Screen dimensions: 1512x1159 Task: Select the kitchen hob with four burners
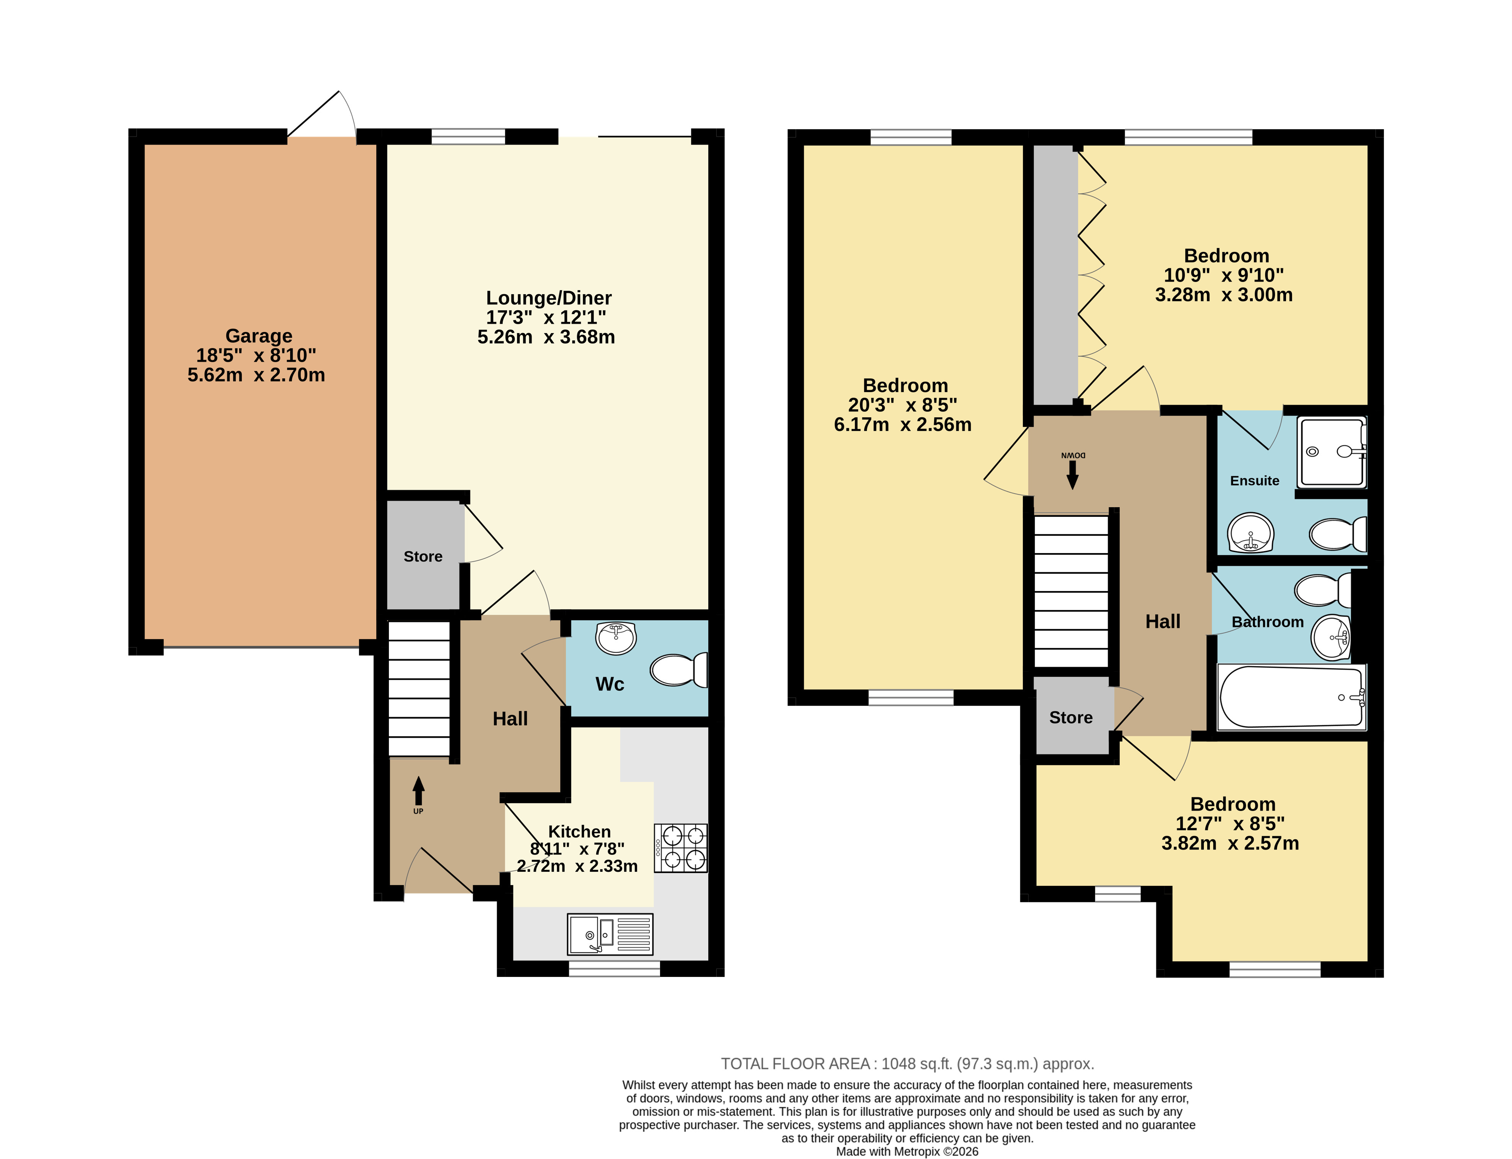[x=681, y=848]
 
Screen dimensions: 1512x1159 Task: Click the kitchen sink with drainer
[x=610, y=935]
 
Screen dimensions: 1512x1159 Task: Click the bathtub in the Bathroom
[x=1291, y=697]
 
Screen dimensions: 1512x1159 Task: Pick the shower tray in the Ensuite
[x=1332, y=451]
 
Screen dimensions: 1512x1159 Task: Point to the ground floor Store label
[x=423, y=557]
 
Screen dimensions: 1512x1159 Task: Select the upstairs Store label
[x=1071, y=718]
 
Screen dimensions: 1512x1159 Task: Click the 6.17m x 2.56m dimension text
[x=902, y=425]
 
